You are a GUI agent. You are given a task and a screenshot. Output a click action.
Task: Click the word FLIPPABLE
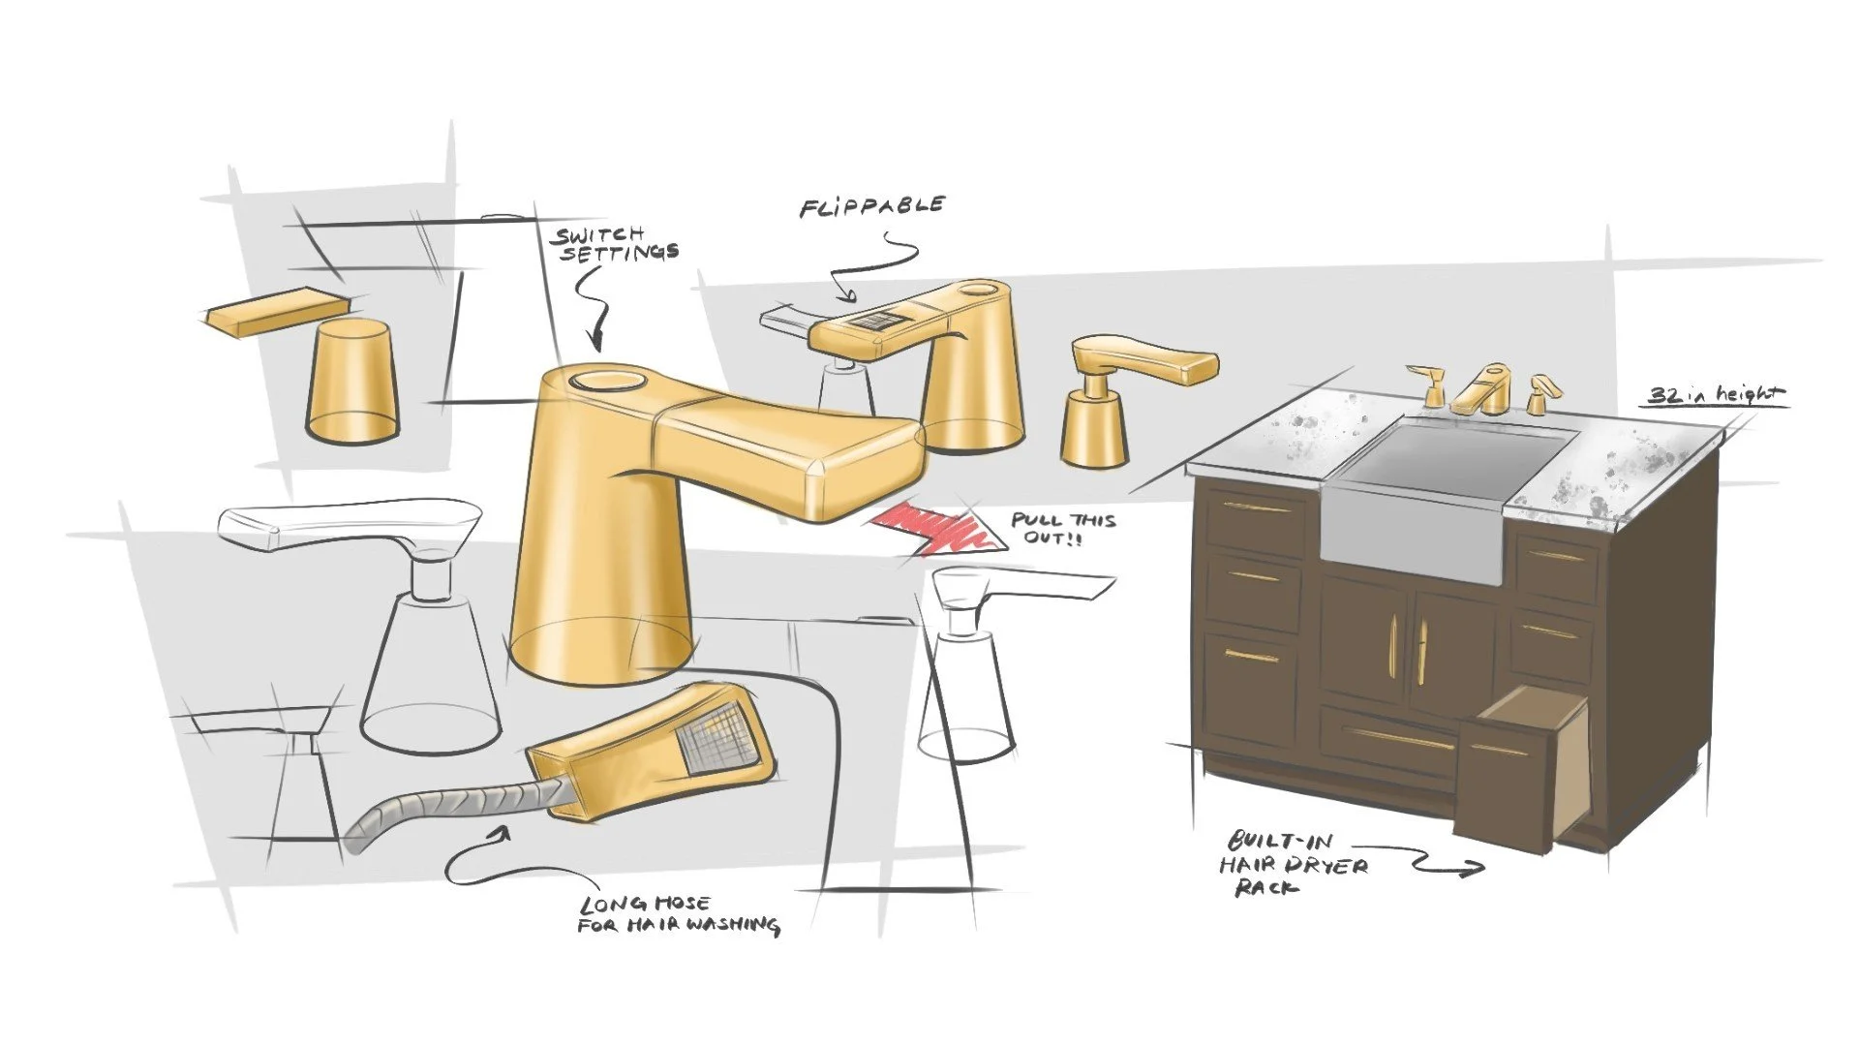point(871,206)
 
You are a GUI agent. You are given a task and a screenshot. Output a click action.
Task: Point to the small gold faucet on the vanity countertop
point(1481,389)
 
